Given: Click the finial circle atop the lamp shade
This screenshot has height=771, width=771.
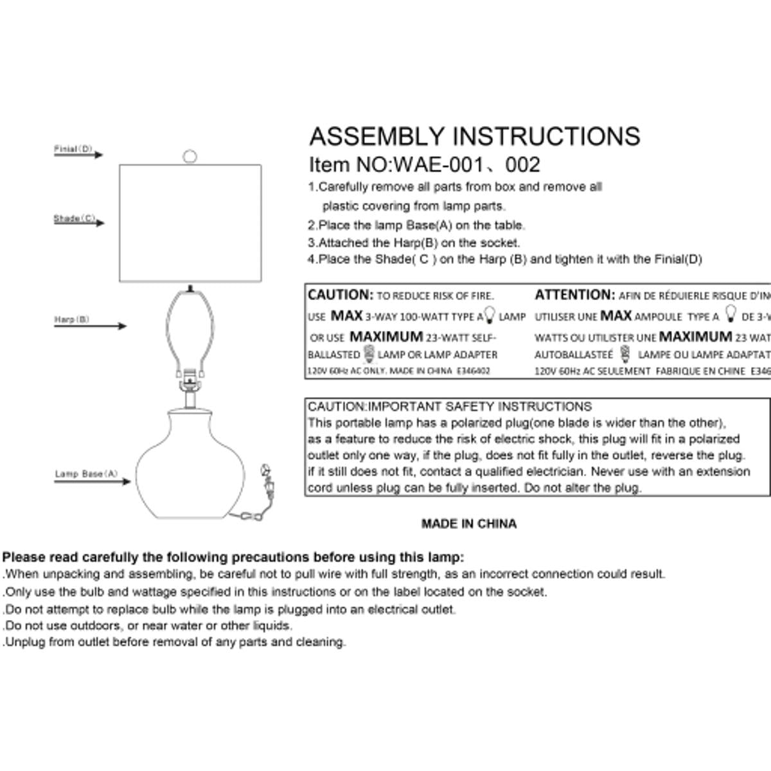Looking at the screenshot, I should (190, 155).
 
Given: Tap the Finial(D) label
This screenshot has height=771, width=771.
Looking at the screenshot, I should (73, 149).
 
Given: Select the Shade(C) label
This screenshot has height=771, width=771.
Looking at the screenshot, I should (74, 218).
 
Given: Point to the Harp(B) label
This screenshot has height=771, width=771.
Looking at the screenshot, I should (71, 319).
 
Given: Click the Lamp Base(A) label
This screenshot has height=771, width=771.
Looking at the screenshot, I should (86, 474).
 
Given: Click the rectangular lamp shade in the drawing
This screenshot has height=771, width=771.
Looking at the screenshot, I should (190, 223).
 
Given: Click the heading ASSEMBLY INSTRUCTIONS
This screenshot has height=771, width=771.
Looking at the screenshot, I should (475, 136).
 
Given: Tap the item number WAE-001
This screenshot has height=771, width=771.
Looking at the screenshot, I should (438, 164).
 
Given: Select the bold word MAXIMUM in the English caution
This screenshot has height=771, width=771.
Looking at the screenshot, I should (386, 337).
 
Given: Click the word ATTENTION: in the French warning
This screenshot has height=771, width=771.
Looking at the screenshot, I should (574, 295).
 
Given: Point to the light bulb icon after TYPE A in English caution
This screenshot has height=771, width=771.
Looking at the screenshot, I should (490, 315).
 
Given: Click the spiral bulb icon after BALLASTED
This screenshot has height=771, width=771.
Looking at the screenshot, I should (369, 353).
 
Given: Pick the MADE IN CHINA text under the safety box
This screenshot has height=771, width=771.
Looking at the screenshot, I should (468, 524).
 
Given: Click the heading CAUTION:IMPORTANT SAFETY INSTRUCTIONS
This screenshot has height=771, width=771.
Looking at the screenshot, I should (450, 407).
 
